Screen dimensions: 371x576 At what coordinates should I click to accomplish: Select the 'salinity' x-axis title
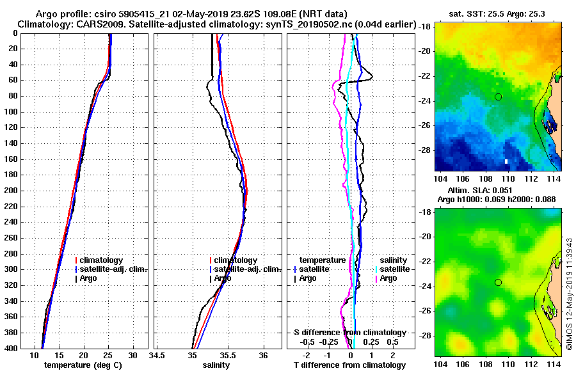click(x=216, y=365)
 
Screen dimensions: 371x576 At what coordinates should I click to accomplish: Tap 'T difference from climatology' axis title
click(x=349, y=365)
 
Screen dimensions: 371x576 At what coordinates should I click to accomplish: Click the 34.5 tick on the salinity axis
click(x=157, y=355)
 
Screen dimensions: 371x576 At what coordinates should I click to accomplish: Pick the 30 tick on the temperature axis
click(x=132, y=355)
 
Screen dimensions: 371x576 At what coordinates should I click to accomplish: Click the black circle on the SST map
click(x=499, y=97)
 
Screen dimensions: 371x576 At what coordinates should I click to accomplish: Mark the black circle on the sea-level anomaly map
click(x=499, y=282)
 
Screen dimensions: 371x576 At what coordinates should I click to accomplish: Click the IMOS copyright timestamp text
click(x=569, y=294)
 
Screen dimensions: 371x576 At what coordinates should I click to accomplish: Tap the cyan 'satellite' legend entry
click(x=392, y=269)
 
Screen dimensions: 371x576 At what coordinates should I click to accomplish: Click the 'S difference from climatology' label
click(x=349, y=333)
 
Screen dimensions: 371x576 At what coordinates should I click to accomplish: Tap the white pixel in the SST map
click(x=506, y=161)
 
